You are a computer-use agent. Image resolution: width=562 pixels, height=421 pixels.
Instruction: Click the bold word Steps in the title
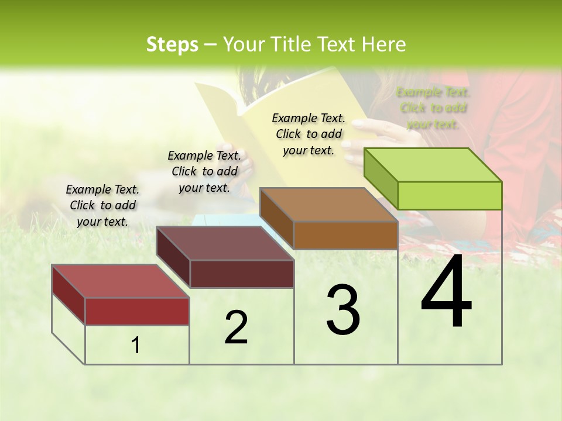pos(172,44)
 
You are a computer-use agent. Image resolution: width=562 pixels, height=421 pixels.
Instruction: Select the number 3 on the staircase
pos(343,310)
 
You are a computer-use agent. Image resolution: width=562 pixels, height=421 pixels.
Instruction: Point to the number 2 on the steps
pos(236,327)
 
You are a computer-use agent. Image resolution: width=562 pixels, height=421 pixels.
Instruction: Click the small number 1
pos(136,346)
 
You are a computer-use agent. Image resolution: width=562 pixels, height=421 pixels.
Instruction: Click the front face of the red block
pos(137,311)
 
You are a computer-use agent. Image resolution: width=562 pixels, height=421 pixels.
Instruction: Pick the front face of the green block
pos(450,195)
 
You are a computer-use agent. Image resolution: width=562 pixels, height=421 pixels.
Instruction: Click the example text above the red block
pos(102,205)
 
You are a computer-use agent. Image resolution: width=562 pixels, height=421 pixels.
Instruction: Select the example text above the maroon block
pos(204,171)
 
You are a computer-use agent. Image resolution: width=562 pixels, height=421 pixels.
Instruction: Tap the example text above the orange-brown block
pos(309,134)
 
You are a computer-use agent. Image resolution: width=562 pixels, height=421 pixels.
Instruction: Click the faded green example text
pos(433,108)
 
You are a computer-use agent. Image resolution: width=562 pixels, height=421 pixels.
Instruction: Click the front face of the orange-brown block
pos(345,235)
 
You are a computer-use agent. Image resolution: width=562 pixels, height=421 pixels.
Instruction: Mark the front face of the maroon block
pos(242,274)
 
